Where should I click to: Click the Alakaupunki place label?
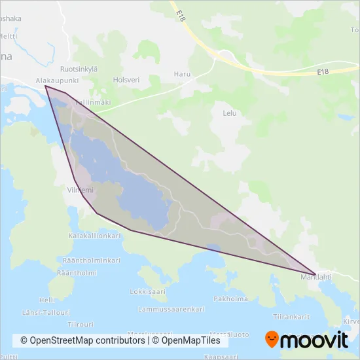[58, 81]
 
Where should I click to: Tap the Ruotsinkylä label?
[79, 69]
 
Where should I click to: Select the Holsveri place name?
[126, 81]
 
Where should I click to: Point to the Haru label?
[182, 74]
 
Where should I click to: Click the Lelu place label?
[229, 113]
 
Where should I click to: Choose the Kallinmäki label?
[92, 103]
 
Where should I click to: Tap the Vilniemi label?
[81, 190]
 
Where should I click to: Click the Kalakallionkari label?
[94, 235]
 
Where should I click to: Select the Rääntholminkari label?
[92, 260]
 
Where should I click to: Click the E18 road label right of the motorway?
[322, 72]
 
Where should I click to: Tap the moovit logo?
[306, 340]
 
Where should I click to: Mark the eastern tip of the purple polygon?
[315, 274]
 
